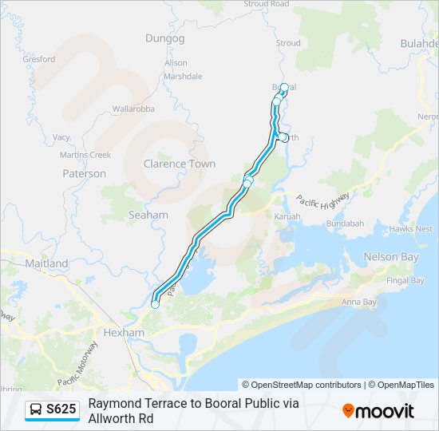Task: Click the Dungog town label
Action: pyautogui.click(x=165, y=38)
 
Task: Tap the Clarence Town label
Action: pyautogui.click(x=180, y=164)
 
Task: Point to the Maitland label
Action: pyautogui.click(x=46, y=263)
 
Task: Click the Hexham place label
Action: pyautogui.click(x=124, y=332)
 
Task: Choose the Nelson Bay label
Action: pyautogui.click(x=391, y=257)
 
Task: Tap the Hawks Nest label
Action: pyautogui.click(x=413, y=228)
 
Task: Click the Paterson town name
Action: pyautogui.click(x=84, y=173)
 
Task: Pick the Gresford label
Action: pyautogui.click(x=39, y=59)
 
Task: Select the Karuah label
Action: pyautogui.click(x=287, y=216)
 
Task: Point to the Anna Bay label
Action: pyautogui.click(x=358, y=302)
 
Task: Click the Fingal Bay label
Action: pyautogui.click(x=405, y=280)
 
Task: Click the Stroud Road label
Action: pyautogui.click(x=267, y=4)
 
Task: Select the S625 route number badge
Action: pyautogui.click(x=61, y=410)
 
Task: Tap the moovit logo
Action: pyautogui.click(x=378, y=411)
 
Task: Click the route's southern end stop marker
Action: pyautogui.click(x=155, y=304)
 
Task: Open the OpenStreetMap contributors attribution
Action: pyautogui.click(x=301, y=385)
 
